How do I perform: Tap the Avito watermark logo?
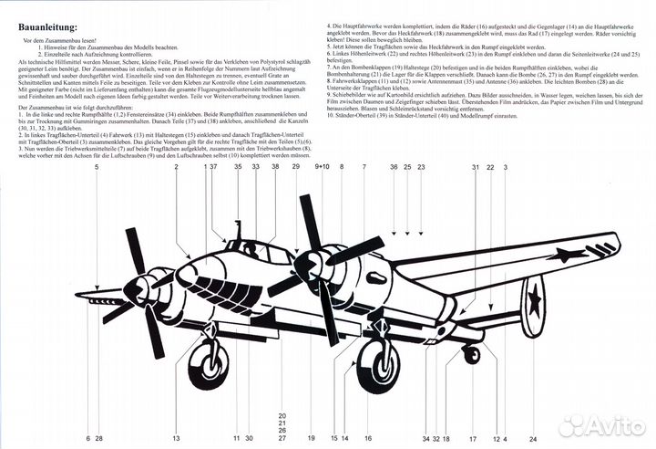pyautogui.click(x=600, y=424)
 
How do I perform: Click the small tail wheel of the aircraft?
pyautogui.click(x=471, y=354)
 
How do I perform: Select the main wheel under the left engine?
pyautogui.click(x=210, y=360)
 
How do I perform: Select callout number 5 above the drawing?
pyautogui.click(x=97, y=168)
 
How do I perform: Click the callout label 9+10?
pyautogui.click(x=323, y=168)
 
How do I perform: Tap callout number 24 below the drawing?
pyautogui.click(x=533, y=439)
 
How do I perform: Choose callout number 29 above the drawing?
pyautogui.click(x=295, y=168)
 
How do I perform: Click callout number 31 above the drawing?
pyautogui.click(x=475, y=168)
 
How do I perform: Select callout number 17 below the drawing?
pyautogui.click(x=473, y=439)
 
